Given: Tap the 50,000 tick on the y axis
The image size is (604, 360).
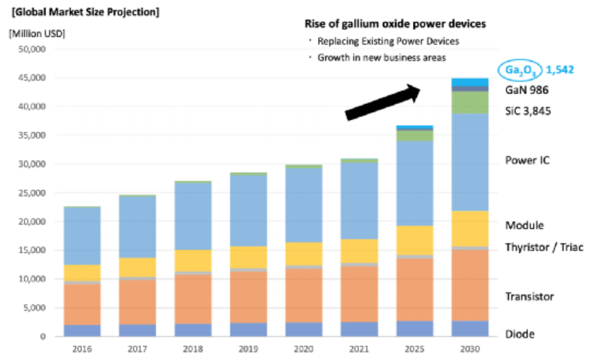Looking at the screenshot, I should [x=31, y=49].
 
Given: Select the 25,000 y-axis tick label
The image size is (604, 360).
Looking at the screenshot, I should [x=31, y=193].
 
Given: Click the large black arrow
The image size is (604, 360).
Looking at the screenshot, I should [x=383, y=100].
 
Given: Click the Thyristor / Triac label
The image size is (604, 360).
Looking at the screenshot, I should [x=544, y=248].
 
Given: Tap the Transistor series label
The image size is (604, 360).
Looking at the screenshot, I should [x=530, y=297].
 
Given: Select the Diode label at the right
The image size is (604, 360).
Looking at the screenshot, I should [x=520, y=335].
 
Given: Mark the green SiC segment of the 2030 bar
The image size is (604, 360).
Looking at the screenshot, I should [x=470, y=102].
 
